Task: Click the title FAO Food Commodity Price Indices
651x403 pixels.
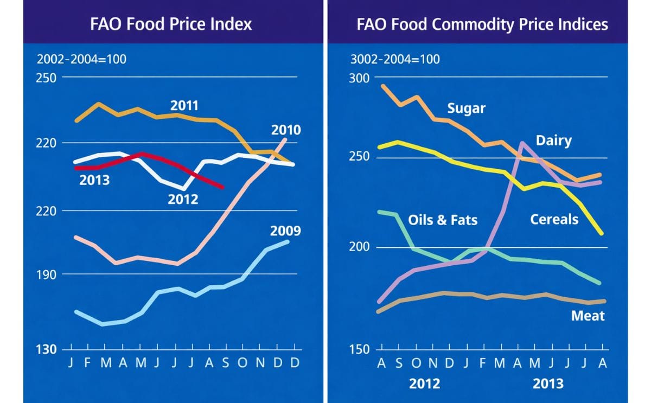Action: pos(482,24)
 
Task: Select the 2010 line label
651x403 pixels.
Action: pos(286,130)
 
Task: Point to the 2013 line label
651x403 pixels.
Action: pos(94,180)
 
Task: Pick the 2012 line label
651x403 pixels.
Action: pos(183,199)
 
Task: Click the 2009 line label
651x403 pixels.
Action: pos(285,231)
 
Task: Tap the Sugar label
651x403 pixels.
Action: pos(466,108)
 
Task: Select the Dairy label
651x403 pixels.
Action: pos(553,140)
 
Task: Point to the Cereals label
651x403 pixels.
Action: pos(554,219)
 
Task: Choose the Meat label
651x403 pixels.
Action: pos(588,315)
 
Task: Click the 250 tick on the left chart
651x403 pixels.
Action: pos(47,77)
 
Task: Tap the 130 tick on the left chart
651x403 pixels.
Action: pos(47,349)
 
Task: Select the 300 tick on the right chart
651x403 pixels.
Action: pos(358,78)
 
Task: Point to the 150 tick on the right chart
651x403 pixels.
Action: pos(358,349)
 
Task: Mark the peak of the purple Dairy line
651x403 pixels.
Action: pos(522,143)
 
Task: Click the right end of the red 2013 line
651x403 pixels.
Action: pos(222,188)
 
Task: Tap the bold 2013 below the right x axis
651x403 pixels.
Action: pos(548,383)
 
